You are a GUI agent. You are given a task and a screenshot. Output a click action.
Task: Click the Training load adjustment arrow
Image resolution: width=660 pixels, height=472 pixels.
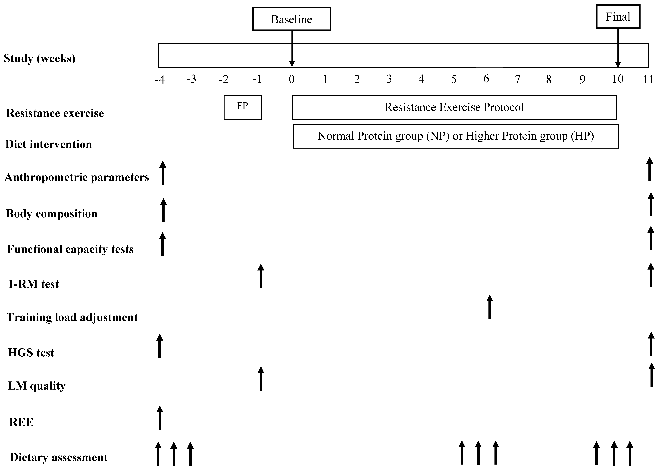pyautogui.click(x=490, y=307)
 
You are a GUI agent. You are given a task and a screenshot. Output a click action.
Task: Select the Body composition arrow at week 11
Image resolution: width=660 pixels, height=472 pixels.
pyautogui.click(x=651, y=204)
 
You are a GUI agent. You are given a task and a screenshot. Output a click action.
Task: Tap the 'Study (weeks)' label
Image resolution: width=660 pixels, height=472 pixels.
pyautogui.click(x=39, y=58)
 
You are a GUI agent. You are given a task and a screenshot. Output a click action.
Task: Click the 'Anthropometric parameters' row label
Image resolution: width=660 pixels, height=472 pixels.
pyautogui.click(x=77, y=177)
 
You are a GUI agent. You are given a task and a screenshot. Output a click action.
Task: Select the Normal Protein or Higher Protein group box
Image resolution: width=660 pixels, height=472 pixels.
pyautogui.click(x=456, y=136)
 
